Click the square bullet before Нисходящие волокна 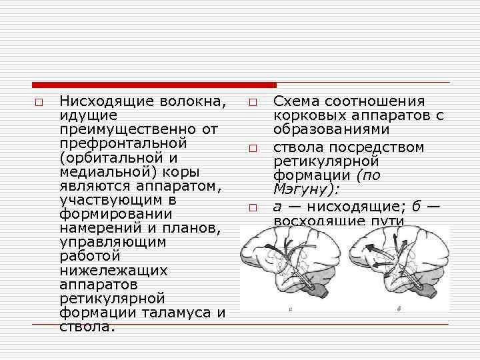39,103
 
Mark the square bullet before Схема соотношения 254,103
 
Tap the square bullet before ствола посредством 254,148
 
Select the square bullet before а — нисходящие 254,208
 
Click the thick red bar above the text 154,85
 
